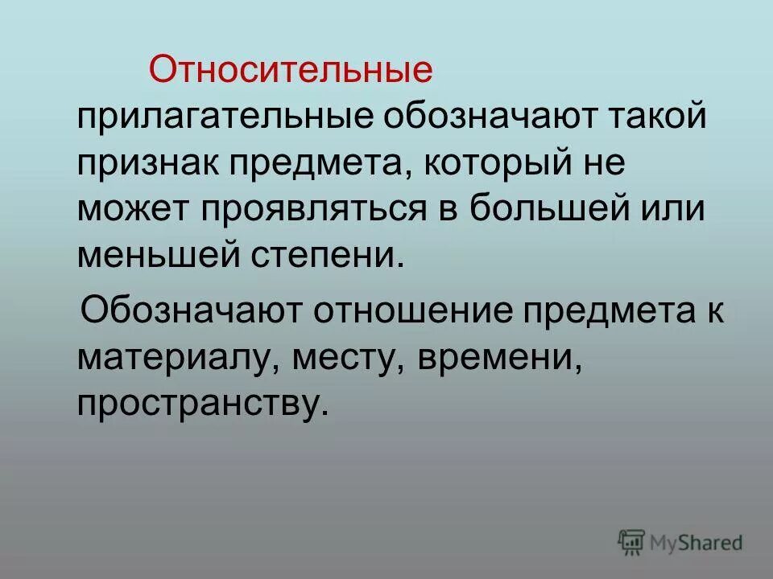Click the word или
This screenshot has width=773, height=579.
[673, 209]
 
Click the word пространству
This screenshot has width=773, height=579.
[204, 401]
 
